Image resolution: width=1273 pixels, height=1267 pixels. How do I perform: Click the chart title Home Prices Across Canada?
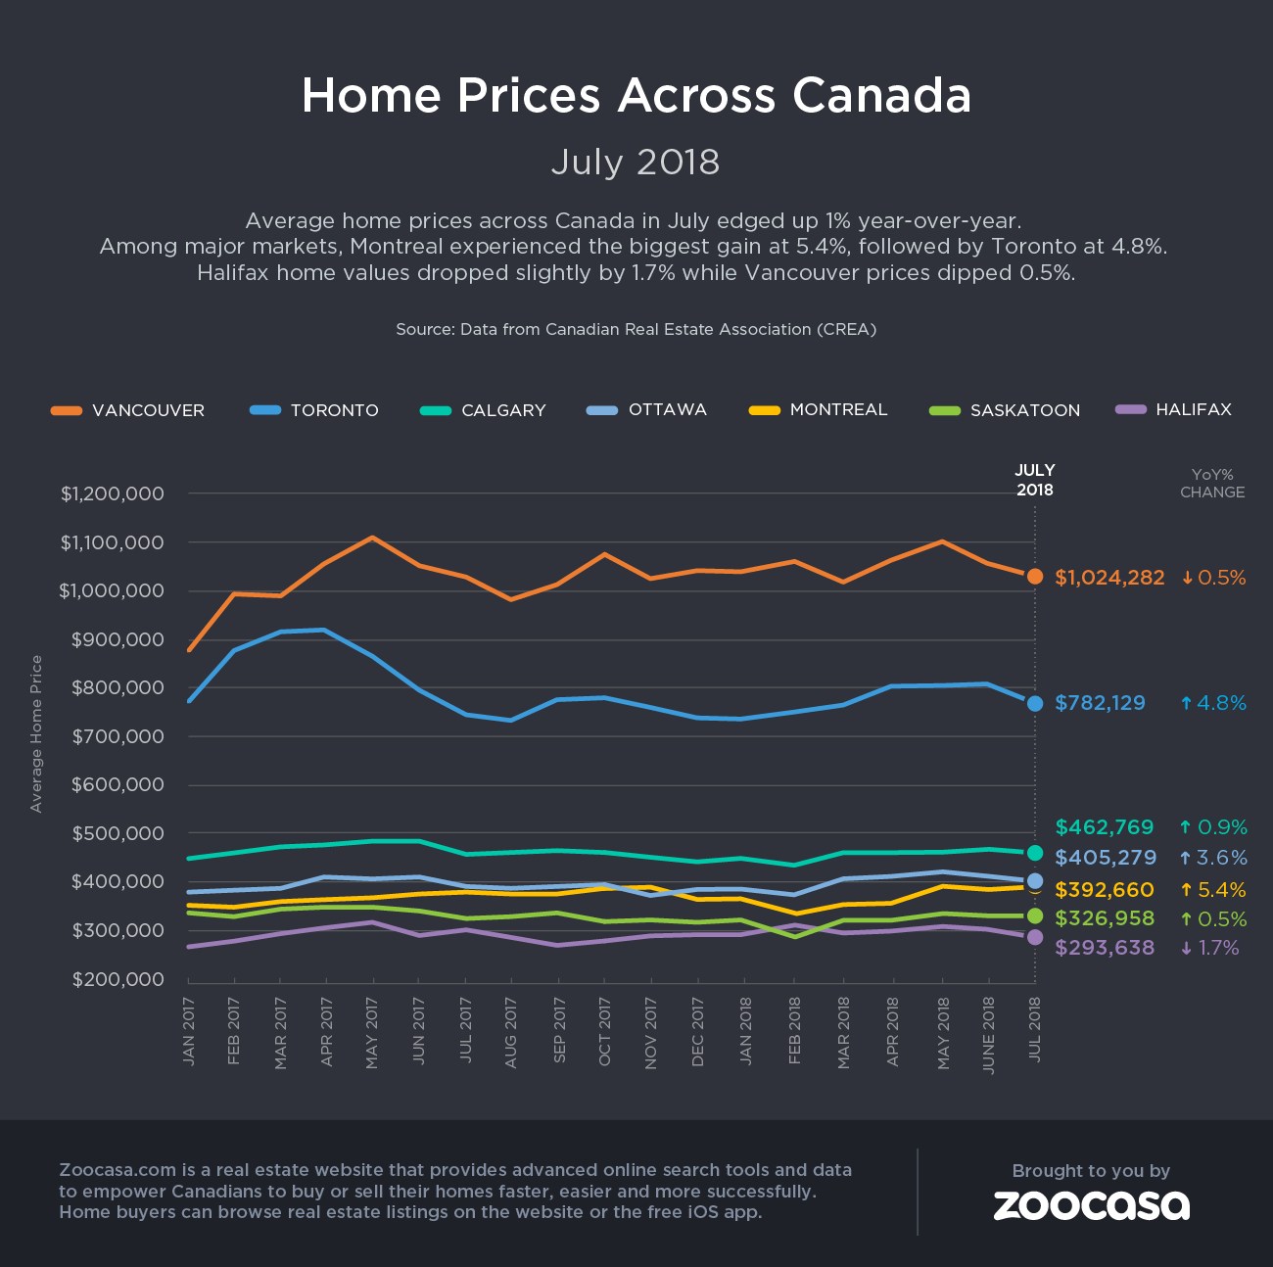[x=636, y=96]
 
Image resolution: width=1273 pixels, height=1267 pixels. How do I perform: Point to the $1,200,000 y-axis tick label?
[x=112, y=493]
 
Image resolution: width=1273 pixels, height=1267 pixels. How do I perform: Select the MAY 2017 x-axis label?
[x=372, y=1033]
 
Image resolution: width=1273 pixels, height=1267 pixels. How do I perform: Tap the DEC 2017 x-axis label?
[x=698, y=1033]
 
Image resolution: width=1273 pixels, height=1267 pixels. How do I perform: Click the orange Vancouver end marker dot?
[x=1035, y=577]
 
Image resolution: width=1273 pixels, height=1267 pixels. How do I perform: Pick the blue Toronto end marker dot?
[x=1035, y=703]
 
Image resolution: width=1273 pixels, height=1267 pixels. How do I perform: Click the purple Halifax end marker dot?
[x=1035, y=938]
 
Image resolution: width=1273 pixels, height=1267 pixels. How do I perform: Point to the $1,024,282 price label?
[x=1109, y=578]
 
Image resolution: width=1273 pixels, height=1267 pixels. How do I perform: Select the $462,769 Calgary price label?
[x=1105, y=827]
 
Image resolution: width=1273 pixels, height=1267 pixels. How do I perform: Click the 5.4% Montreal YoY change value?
[x=1213, y=890]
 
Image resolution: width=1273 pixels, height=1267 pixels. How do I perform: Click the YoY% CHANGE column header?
[x=1212, y=484]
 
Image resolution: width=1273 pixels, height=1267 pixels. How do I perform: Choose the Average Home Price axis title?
[x=37, y=733]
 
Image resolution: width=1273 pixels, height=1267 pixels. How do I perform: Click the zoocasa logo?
[x=1091, y=1205]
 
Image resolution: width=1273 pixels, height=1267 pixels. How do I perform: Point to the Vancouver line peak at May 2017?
[x=372, y=538]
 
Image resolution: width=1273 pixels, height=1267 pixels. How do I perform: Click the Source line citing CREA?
[x=636, y=329]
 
